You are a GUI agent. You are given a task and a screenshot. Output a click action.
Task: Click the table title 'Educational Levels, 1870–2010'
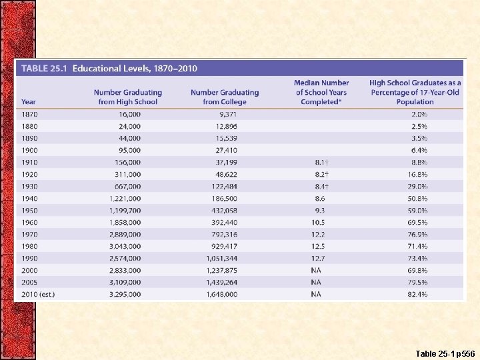click(135, 68)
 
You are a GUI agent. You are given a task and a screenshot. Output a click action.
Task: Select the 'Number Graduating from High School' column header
click(128, 97)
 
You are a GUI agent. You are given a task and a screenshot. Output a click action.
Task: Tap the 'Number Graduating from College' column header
click(225, 97)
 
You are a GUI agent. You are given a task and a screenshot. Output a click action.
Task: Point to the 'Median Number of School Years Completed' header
click(321, 93)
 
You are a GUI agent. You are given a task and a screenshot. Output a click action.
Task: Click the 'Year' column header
click(29, 102)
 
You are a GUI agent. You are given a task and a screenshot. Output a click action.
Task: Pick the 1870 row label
click(29, 115)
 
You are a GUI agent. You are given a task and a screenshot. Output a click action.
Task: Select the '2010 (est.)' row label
click(38, 295)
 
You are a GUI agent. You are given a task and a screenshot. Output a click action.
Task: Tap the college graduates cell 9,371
click(225, 115)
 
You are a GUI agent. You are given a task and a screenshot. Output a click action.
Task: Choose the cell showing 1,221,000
click(125, 199)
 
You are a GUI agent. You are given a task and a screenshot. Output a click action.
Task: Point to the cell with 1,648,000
click(223, 295)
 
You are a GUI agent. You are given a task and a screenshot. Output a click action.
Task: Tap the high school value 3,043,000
click(125, 247)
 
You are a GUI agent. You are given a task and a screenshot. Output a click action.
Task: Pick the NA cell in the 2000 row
click(316, 271)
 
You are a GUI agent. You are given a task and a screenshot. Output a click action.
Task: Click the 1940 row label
click(29, 199)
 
